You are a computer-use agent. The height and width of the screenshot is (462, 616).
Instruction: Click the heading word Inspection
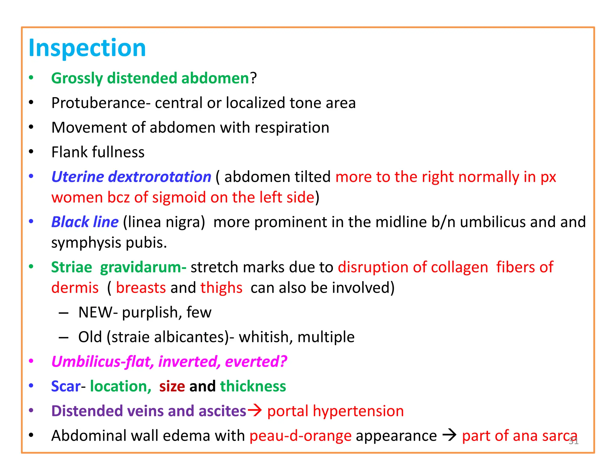(87, 48)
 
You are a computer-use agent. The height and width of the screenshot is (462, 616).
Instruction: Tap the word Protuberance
(99, 103)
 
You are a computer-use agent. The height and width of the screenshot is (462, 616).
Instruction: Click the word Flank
(69, 152)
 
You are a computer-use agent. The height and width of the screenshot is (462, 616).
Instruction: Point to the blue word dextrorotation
(159, 177)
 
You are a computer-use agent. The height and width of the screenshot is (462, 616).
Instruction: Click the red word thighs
(221, 288)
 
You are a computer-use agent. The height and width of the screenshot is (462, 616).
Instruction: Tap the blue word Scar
(66, 386)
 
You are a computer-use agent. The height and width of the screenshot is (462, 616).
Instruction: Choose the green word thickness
(253, 386)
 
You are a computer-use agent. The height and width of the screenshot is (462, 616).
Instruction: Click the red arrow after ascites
(254, 410)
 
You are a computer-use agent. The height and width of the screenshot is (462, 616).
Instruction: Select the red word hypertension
(358, 411)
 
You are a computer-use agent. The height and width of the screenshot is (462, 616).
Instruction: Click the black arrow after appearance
(449, 435)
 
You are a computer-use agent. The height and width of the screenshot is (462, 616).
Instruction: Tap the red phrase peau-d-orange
(300, 436)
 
